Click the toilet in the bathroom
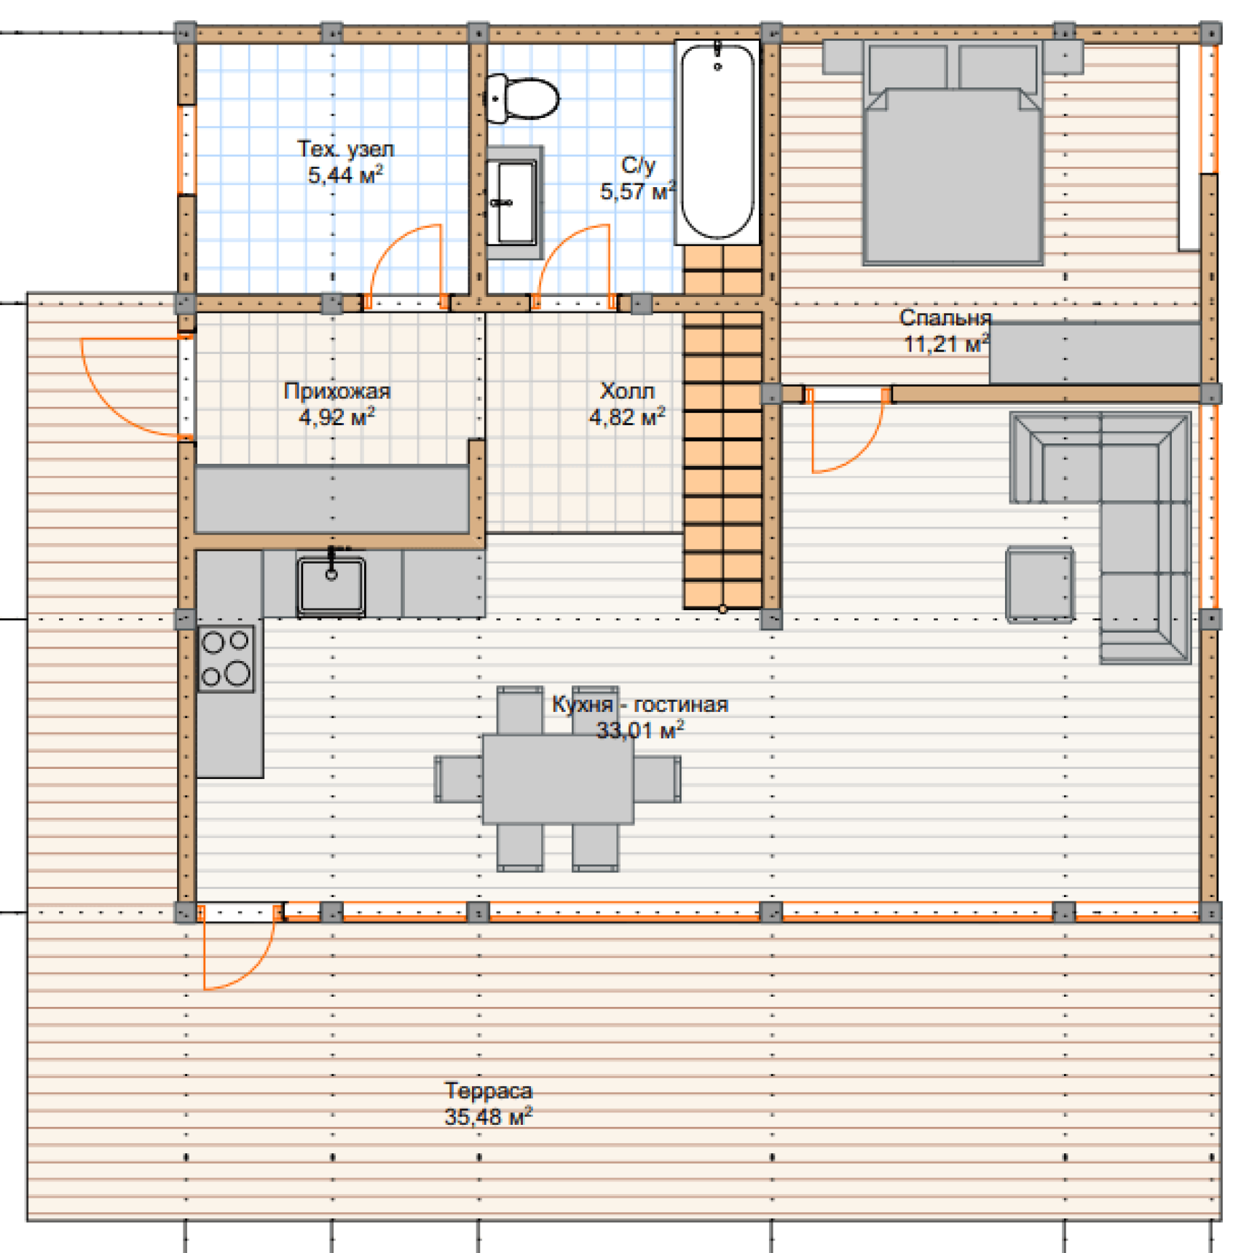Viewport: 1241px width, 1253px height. tap(521, 98)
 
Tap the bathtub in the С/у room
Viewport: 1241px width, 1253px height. tap(717, 142)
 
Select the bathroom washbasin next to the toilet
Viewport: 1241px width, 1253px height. tap(514, 202)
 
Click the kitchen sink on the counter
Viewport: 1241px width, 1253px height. tap(331, 585)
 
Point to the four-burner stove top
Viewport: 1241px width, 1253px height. tap(226, 658)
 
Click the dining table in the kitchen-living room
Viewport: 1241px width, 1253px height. tap(558, 779)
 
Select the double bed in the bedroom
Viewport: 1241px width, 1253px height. tap(953, 153)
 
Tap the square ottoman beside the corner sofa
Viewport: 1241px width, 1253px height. tap(1040, 585)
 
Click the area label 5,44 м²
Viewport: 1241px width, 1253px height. tap(345, 175)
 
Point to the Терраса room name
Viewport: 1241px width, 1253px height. tap(489, 1091)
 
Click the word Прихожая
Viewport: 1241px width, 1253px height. tap(337, 391)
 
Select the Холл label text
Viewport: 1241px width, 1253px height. tap(627, 391)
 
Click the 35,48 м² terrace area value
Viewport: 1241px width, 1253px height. tap(489, 1116)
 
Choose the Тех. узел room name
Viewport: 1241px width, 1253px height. tap(345, 149)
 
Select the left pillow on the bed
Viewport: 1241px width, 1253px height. tap(907, 67)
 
